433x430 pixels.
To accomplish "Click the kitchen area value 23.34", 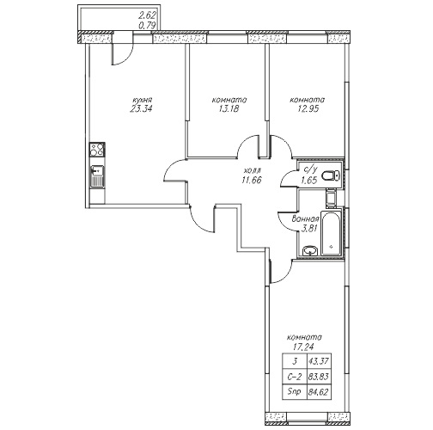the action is click(x=141, y=109).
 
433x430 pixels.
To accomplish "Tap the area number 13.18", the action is click(x=229, y=109).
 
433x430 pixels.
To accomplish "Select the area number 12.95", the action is click(x=308, y=109).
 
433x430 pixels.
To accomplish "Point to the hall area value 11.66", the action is click(x=251, y=180).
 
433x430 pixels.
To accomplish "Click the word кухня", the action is click(x=142, y=100).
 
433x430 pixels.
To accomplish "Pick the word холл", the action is click(x=252, y=171).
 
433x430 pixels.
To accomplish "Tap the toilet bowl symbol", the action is click(x=331, y=175).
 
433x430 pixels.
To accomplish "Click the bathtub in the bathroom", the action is click(x=332, y=233).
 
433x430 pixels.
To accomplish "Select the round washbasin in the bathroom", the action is click(x=309, y=251).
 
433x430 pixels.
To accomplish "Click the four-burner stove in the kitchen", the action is click(x=97, y=150).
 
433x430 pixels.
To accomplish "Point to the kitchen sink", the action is click(x=97, y=177).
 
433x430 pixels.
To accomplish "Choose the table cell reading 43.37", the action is click(x=320, y=361).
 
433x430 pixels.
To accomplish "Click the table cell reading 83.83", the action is click(x=320, y=377).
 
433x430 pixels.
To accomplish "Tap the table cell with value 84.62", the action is click(x=320, y=391).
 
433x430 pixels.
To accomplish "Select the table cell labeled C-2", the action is click(x=295, y=377).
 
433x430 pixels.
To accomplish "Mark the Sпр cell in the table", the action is click(x=295, y=391).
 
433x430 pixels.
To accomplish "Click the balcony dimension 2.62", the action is click(x=146, y=15).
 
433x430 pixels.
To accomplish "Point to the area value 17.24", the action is click(x=303, y=347).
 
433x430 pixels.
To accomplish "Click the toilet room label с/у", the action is click(x=310, y=170).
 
